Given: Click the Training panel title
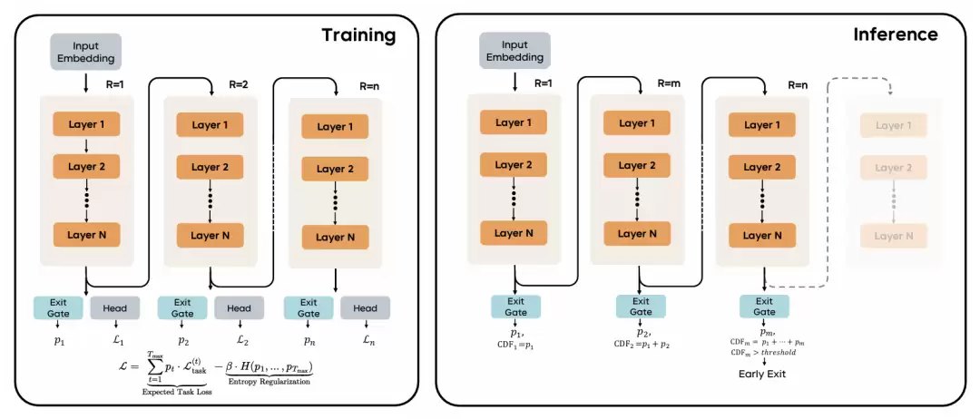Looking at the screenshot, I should [358, 35].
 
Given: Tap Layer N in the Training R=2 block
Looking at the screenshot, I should [208, 236].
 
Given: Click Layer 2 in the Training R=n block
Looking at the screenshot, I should [336, 169].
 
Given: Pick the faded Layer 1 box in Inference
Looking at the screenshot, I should [895, 126].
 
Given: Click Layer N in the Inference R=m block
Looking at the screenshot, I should [640, 233].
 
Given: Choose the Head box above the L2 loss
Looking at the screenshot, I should [239, 308].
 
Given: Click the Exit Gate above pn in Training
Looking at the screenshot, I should [309, 308].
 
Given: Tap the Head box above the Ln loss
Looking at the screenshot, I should [365, 308].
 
